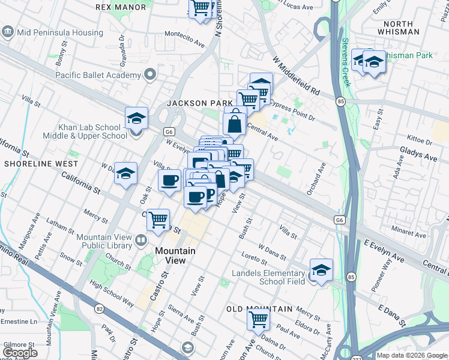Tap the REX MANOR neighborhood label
pos(121,7)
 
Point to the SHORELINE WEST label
pos(41,163)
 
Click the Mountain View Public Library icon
pos(141,241)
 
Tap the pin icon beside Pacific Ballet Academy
pos(149,75)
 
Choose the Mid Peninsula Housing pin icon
pos(8,31)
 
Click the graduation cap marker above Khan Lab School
pos(136,118)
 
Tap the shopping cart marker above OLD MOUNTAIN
pos(258,319)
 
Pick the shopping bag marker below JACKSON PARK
pos(235,124)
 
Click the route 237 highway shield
pos(345,354)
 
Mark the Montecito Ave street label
pos(185,43)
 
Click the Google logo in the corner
pos(19,353)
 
